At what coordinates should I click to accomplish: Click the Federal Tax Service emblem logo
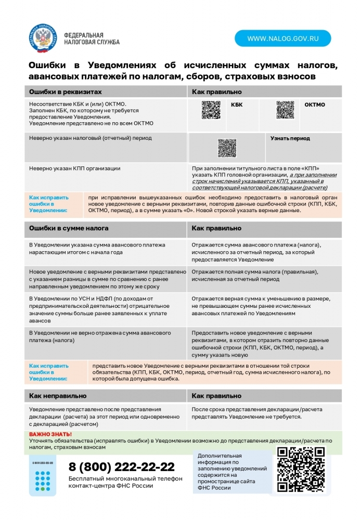[44, 38]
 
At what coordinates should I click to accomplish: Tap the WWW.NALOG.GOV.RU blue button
[282, 38]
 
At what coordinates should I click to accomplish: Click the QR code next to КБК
[211, 110]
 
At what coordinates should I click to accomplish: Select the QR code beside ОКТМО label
[285, 110]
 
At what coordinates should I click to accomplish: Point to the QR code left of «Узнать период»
[227, 148]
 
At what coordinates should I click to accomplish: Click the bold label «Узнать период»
[290, 138]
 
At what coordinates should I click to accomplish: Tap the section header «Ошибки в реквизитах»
[65, 92]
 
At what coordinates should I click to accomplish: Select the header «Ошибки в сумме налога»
[69, 228]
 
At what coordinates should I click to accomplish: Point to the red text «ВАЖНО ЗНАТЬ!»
[50, 434]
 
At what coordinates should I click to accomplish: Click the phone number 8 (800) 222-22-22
[122, 466]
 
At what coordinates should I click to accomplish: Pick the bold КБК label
[237, 105]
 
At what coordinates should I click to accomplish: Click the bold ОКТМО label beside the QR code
[315, 105]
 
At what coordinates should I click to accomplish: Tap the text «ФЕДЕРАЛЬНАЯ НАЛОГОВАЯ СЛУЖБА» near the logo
[92, 38]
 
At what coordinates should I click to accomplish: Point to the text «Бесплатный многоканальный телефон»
[125, 478]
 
